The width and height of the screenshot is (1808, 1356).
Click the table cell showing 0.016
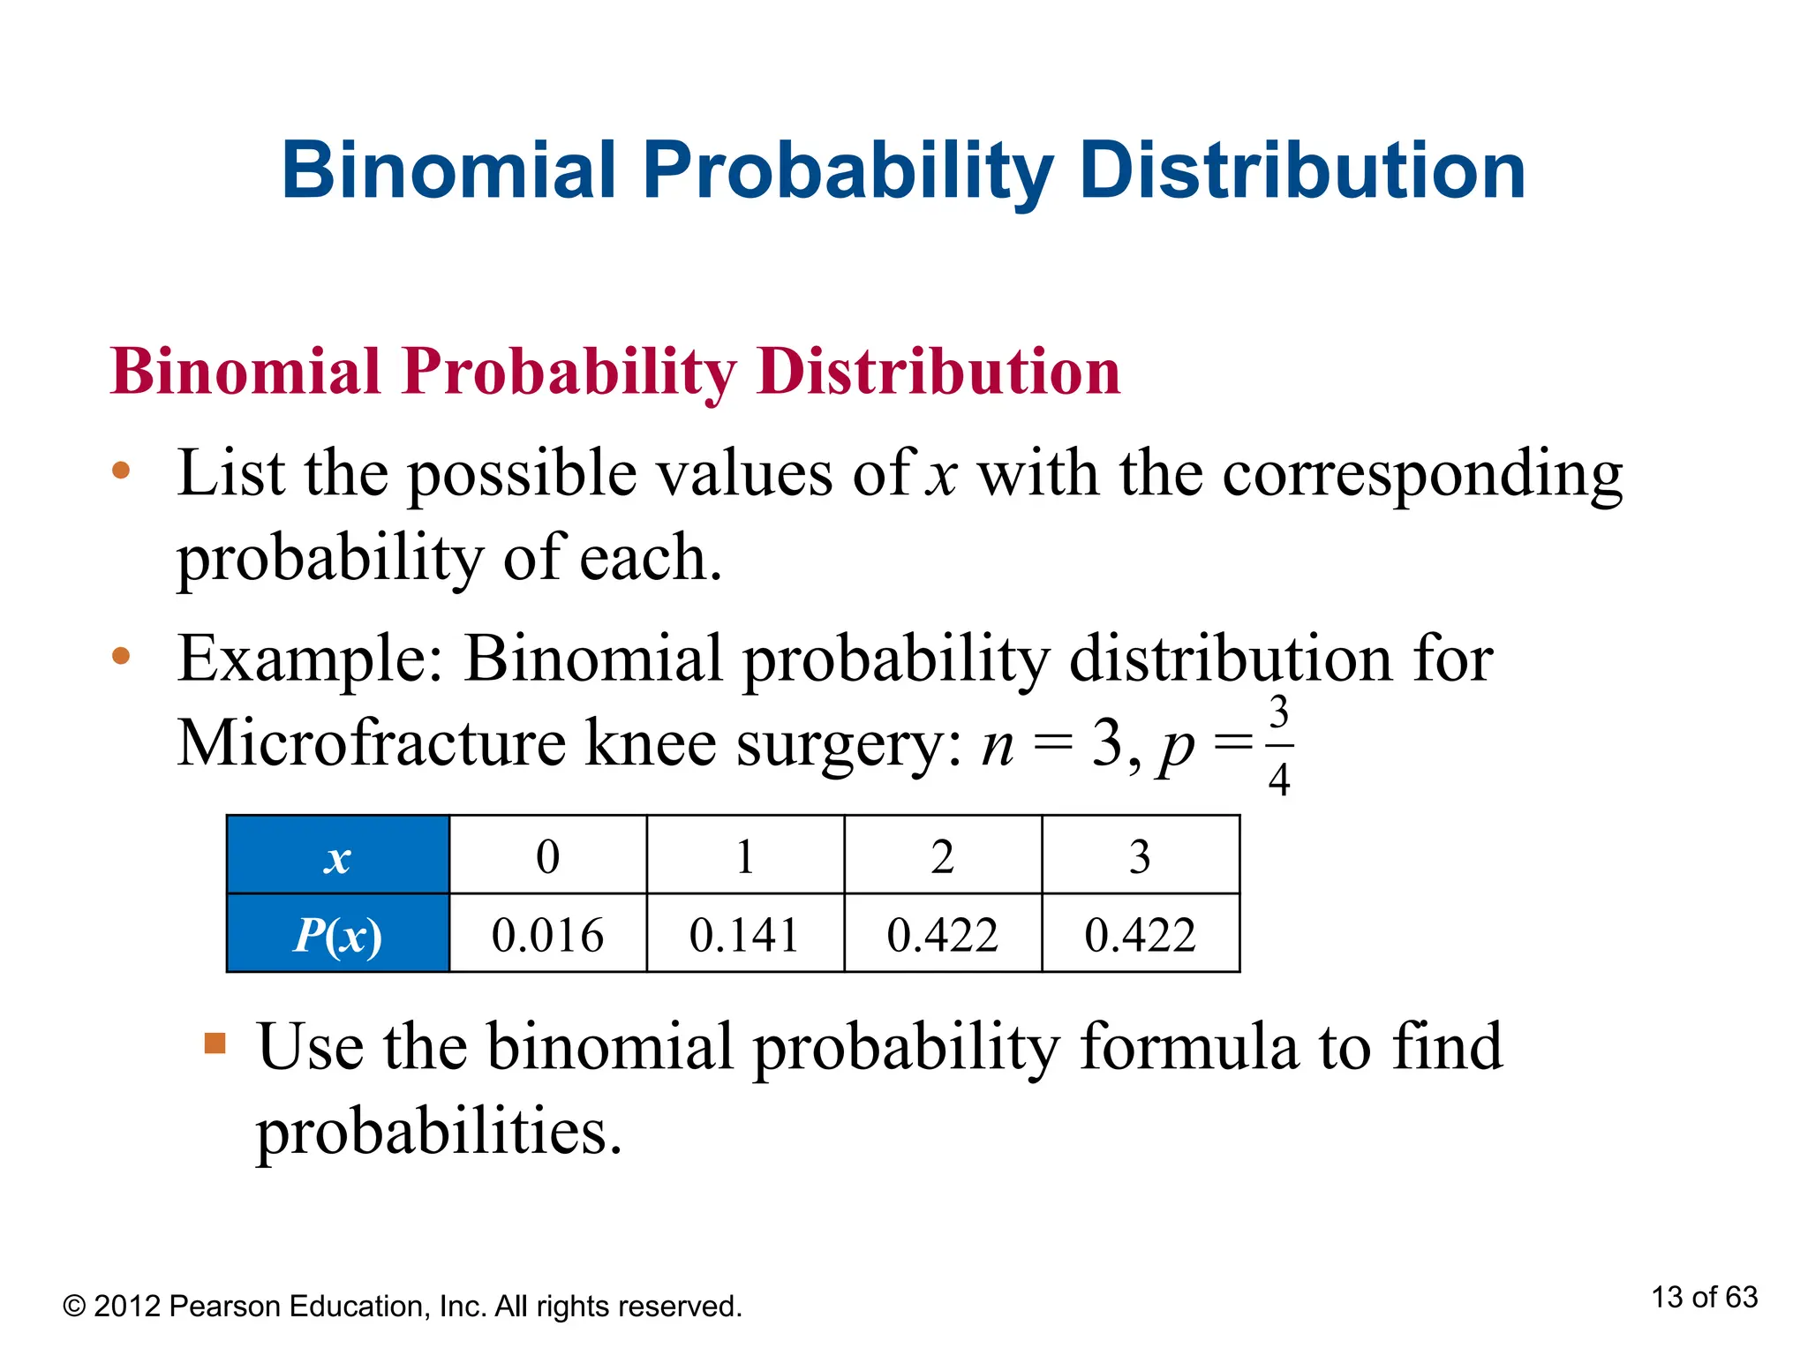point(547,935)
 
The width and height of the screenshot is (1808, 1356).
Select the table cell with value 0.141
point(744,935)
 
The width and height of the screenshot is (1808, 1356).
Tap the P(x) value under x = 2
point(942,935)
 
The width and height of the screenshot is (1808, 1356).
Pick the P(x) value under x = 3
point(1140,935)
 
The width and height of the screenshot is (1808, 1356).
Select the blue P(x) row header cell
point(338,935)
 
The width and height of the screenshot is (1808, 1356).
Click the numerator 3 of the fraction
point(1278,713)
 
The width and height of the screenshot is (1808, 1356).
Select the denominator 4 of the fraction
point(1278,780)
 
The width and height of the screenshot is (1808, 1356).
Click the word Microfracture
point(372,742)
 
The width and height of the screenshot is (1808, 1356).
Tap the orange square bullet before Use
point(215,1043)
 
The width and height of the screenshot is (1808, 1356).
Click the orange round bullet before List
point(121,471)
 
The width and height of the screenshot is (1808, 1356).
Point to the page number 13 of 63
point(1704,1297)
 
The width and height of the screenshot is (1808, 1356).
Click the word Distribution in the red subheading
point(938,371)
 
